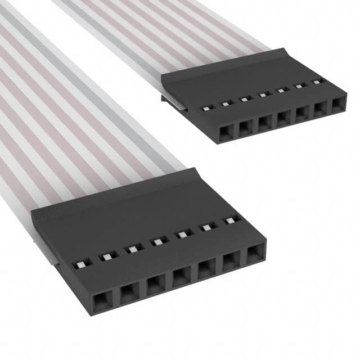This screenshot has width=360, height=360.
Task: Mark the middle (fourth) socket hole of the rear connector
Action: pyautogui.click(x=283, y=118)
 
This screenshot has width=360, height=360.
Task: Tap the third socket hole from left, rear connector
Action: pyautogui.click(x=264, y=123)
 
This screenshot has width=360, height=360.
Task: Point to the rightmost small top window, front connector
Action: pyautogui.click(x=230, y=221)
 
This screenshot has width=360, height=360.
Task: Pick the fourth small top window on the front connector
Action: pyautogui.click(x=157, y=242)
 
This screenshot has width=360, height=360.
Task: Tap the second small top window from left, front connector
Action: pyautogui.click(x=106, y=257)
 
